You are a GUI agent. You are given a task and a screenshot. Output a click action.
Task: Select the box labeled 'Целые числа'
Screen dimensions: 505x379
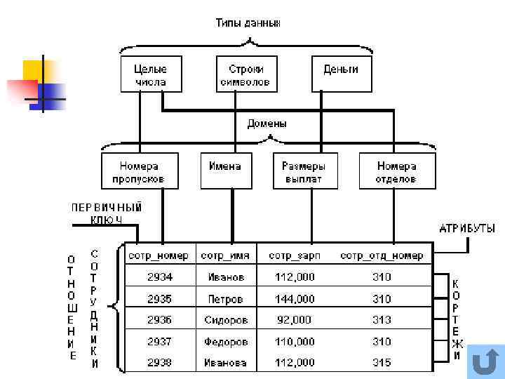pyautogui.click(x=151, y=75)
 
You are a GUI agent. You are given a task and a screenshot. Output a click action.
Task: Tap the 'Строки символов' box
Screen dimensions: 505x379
pyautogui.click(x=245, y=75)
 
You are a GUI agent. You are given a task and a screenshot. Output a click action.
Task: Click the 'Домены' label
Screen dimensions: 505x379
pyautogui.click(x=267, y=124)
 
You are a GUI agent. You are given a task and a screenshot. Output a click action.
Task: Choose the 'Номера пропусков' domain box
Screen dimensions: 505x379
pyautogui.click(x=139, y=172)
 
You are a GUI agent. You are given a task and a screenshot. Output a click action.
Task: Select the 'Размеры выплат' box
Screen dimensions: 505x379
pyautogui.click(x=304, y=172)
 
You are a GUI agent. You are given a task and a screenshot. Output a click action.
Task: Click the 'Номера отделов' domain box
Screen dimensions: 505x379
pyautogui.click(x=396, y=172)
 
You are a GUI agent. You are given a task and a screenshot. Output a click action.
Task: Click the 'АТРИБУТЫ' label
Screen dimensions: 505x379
pyautogui.click(x=467, y=228)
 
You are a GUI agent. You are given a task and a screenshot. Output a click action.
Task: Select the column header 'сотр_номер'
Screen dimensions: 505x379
pyautogui.click(x=159, y=255)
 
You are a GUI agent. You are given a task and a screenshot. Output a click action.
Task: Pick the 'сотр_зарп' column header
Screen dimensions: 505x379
pyautogui.click(x=294, y=255)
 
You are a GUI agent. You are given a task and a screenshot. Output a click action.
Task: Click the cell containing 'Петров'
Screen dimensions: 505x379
pyautogui.click(x=226, y=299)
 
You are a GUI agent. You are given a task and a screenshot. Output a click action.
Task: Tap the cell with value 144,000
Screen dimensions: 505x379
pyautogui.click(x=295, y=299)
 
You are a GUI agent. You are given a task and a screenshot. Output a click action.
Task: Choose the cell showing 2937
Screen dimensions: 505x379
pyautogui.click(x=159, y=342)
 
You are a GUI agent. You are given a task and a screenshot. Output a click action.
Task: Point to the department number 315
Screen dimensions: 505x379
pyautogui.click(x=382, y=363)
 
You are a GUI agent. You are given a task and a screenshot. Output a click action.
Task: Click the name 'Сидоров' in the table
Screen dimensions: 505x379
pyautogui.click(x=226, y=320)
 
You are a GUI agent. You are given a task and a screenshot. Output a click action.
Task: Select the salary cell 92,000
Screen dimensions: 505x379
pyautogui.click(x=295, y=320)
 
